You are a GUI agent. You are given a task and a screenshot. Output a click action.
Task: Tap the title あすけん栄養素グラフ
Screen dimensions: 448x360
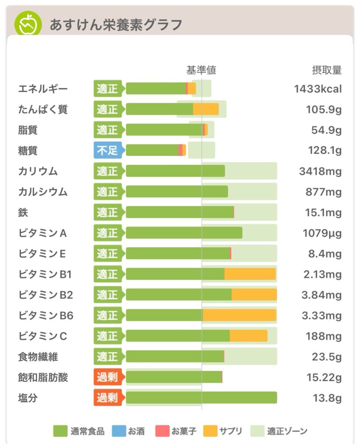click(x=115, y=24)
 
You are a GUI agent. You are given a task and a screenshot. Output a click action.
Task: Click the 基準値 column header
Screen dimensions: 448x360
click(x=201, y=70)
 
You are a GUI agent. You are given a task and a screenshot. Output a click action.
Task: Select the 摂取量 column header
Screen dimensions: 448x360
click(x=326, y=70)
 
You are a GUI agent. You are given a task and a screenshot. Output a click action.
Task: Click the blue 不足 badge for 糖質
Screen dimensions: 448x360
click(x=108, y=150)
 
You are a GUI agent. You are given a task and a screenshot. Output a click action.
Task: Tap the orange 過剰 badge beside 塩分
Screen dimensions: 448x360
click(x=108, y=398)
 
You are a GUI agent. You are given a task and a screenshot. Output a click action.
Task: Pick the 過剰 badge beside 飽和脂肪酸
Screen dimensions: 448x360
click(x=108, y=377)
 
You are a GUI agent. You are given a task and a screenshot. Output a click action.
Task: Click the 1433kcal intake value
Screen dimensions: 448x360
click(x=318, y=89)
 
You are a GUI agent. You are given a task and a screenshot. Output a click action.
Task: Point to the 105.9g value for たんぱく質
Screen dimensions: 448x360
click(x=324, y=109)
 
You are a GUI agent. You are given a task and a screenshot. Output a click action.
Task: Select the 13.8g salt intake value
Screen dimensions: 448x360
click(x=326, y=398)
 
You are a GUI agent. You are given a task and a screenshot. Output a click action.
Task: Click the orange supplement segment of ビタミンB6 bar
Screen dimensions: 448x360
click(x=239, y=315)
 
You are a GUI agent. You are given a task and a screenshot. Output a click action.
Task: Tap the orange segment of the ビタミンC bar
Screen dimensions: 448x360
click(x=248, y=336)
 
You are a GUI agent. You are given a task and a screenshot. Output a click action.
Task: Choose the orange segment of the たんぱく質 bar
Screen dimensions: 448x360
click(x=206, y=109)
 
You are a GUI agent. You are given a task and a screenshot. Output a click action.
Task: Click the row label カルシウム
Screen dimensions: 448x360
click(x=43, y=192)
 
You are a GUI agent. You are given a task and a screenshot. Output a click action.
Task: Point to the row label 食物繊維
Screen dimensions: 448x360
click(x=38, y=357)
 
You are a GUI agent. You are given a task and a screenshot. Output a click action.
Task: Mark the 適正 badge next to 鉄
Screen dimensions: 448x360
click(x=108, y=213)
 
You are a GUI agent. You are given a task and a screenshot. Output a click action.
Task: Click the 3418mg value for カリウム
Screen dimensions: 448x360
click(x=320, y=171)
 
